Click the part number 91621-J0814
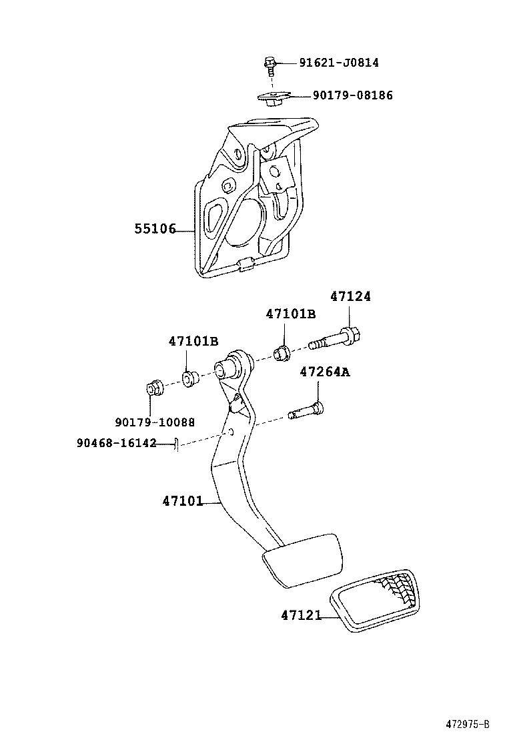339,63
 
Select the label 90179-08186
352,95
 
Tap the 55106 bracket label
155,229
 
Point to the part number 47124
350,296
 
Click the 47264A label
325,372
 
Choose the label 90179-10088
155,422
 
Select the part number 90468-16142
116,444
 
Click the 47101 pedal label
183,500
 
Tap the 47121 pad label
302,615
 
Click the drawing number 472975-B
468,724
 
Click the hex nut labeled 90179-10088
153,388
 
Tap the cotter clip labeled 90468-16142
176,445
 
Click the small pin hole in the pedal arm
231,432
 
